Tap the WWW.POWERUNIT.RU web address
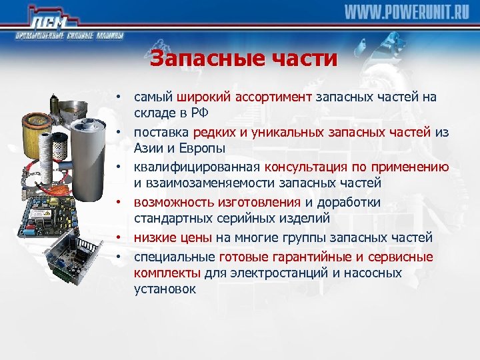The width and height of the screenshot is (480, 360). click(x=407, y=13)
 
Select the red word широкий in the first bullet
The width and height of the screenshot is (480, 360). click(x=201, y=97)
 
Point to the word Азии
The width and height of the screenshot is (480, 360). click(x=149, y=147)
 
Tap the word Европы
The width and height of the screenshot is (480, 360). click(x=199, y=147)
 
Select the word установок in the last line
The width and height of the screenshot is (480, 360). click(x=165, y=289)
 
